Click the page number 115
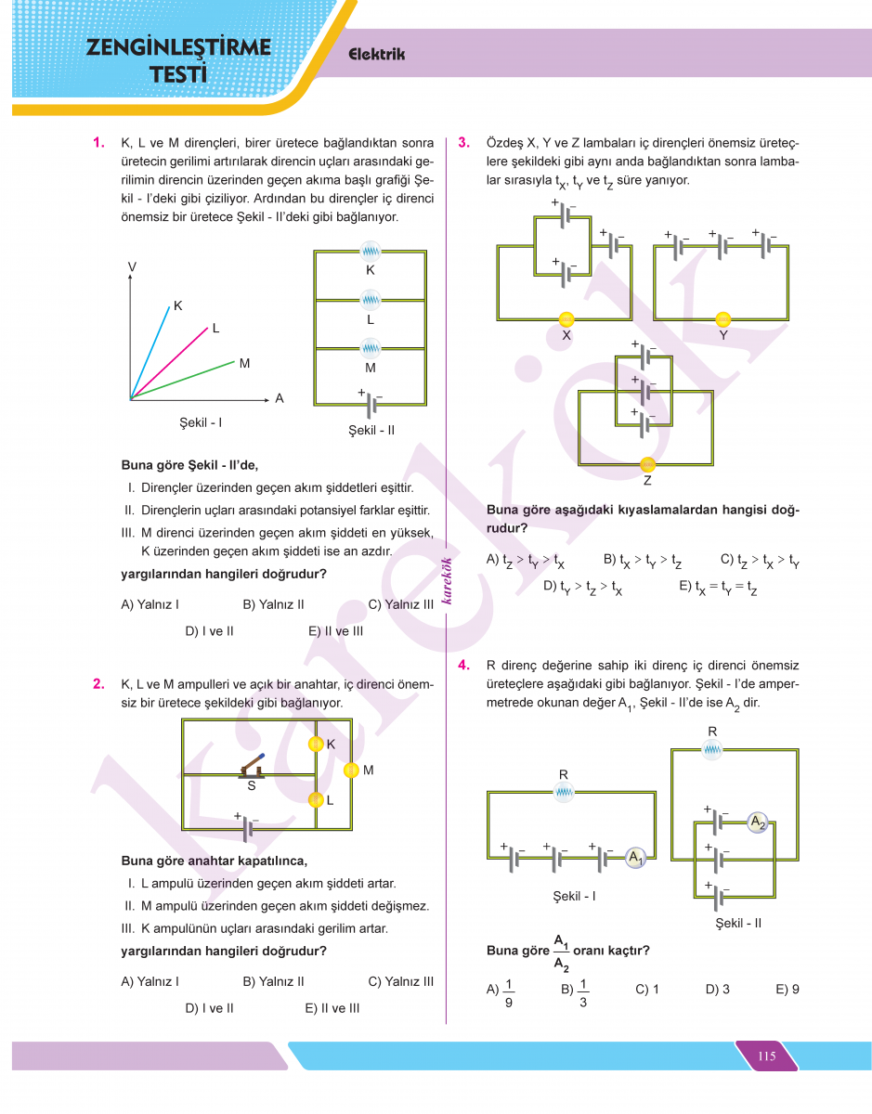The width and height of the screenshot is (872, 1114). [766, 1056]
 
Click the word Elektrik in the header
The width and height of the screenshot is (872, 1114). [376, 55]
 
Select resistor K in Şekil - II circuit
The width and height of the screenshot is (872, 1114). [371, 250]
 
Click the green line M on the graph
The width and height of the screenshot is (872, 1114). [186, 381]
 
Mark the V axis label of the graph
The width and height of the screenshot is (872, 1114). [132, 267]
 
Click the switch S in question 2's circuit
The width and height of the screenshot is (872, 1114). [253, 766]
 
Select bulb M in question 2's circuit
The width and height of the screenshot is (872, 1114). [351, 770]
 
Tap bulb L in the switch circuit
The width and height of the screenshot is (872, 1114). [316, 799]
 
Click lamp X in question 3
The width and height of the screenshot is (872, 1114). [566, 319]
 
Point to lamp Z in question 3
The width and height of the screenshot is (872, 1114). [647, 464]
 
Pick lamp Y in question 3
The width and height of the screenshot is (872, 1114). [723, 319]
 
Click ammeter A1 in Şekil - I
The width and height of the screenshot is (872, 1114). [636, 858]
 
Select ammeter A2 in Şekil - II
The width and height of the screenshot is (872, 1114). [758, 822]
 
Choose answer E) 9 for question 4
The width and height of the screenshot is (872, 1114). [787, 990]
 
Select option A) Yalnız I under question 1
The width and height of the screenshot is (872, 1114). [150, 604]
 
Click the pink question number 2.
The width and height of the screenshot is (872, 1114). [98, 685]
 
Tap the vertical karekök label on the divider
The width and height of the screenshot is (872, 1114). [447, 580]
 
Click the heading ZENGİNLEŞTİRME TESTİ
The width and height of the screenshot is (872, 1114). [178, 60]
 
